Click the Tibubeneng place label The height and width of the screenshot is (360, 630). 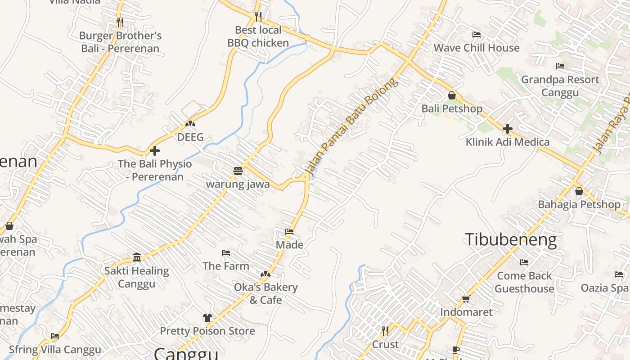coord(510,239)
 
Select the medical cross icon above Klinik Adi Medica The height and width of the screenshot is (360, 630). coord(508,129)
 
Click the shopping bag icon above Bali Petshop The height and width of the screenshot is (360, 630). coord(452,95)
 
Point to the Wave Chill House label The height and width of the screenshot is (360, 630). coord(476,48)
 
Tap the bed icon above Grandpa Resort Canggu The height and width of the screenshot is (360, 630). coord(560,66)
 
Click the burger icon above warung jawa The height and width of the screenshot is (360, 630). coord(238,171)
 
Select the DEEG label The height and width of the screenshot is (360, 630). coord(190,137)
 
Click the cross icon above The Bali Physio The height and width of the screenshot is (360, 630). coord(155,151)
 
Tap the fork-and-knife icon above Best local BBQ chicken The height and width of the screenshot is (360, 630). coord(258,17)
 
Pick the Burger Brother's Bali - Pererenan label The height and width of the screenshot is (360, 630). coord(120,42)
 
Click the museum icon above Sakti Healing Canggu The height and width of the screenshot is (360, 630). coord(137,257)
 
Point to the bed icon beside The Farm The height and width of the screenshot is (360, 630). coord(226,253)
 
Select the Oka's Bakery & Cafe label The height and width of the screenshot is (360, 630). coord(265,293)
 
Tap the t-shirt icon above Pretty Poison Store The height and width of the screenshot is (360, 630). coord(207,318)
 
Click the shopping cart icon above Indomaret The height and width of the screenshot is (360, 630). coord(466,299)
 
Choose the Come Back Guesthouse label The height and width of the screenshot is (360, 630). coord(524,282)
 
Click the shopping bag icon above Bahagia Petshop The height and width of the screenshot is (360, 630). coord(579,191)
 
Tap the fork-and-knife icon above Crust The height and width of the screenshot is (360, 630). coord(385,331)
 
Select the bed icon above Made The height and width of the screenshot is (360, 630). coord(289,232)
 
